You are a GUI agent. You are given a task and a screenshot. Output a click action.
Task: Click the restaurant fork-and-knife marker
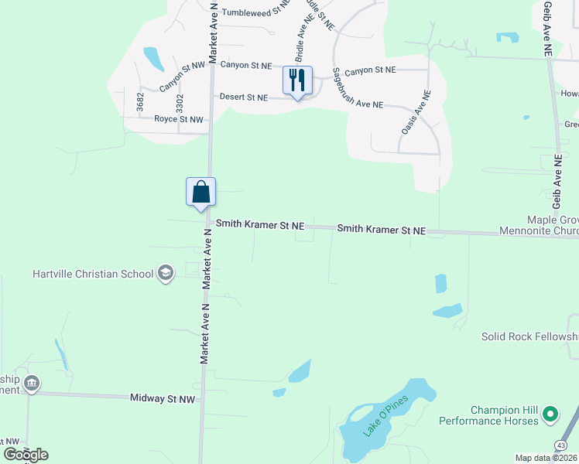297,80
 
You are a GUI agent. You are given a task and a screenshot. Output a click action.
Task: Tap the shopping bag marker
200,192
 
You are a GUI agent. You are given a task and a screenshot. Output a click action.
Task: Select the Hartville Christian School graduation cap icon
165,273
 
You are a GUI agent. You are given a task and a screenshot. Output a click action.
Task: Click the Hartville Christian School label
93,273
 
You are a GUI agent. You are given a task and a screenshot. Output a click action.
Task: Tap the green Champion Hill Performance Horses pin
550,415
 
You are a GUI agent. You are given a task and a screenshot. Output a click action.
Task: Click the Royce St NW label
178,119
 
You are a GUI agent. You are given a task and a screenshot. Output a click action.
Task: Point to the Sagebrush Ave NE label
357,89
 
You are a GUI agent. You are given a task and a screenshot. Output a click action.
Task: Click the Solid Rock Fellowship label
529,336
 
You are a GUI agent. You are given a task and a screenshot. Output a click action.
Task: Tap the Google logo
26,454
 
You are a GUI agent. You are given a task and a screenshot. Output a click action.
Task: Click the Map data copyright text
546,458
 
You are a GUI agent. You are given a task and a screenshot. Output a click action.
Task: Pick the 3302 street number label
180,103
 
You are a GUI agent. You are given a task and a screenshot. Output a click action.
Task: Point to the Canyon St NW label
176,77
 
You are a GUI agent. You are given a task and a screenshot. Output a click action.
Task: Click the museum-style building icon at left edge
32,383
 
